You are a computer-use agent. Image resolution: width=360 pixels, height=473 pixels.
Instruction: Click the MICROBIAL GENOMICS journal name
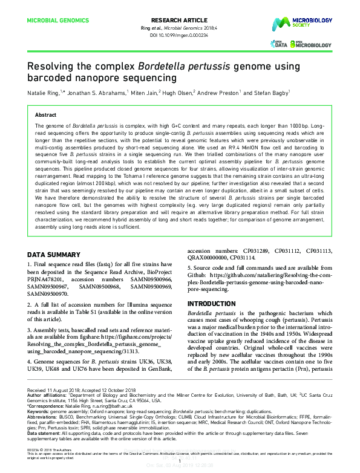coord(57,20)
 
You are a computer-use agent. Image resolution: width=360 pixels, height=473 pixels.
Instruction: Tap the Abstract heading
coord(45,114)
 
